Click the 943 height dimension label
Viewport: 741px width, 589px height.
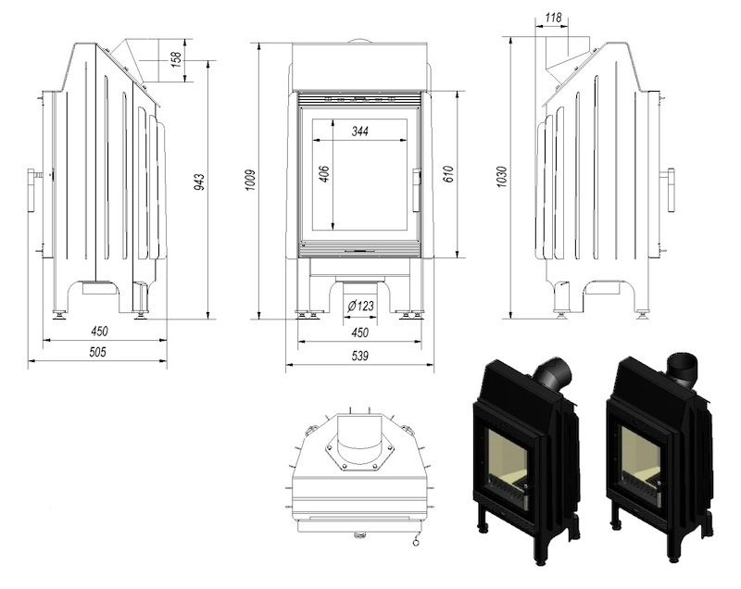click(200, 182)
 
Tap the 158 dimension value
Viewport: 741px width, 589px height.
click(176, 59)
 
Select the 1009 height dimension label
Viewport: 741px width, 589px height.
click(251, 180)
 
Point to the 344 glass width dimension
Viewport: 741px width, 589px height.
click(360, 131)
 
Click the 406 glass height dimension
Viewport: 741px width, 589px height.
click(324, 174)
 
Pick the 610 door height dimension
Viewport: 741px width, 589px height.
click(448, 174)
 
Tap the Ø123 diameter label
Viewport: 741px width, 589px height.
click(360, 306)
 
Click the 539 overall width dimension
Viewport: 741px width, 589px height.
click(360, 356)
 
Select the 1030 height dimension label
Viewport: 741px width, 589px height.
click(502, 176)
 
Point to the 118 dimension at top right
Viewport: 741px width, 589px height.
click(553, 18)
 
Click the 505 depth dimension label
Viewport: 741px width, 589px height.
click(98, 352)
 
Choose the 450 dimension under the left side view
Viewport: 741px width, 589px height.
click(99, 332)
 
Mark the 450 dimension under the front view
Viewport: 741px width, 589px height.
click(360, 332)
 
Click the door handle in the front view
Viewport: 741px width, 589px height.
click(416, 190)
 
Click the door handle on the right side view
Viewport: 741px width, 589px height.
click(671, 190)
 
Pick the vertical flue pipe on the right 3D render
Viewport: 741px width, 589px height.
click(683, 367)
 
